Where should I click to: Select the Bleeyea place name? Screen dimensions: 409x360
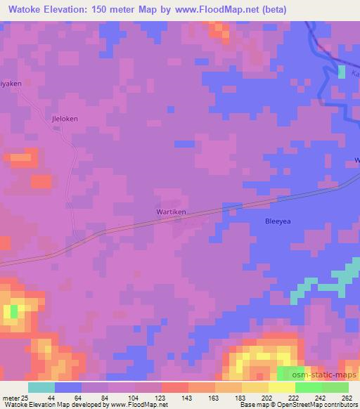pos(278,221)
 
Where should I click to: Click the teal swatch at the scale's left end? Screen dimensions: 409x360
pos(41,388)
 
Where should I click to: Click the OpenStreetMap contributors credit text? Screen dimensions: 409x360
pos(314,405)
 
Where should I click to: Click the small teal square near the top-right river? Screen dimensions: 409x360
pos(342,72)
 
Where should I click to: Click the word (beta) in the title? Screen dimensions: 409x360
pos(270,8)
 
